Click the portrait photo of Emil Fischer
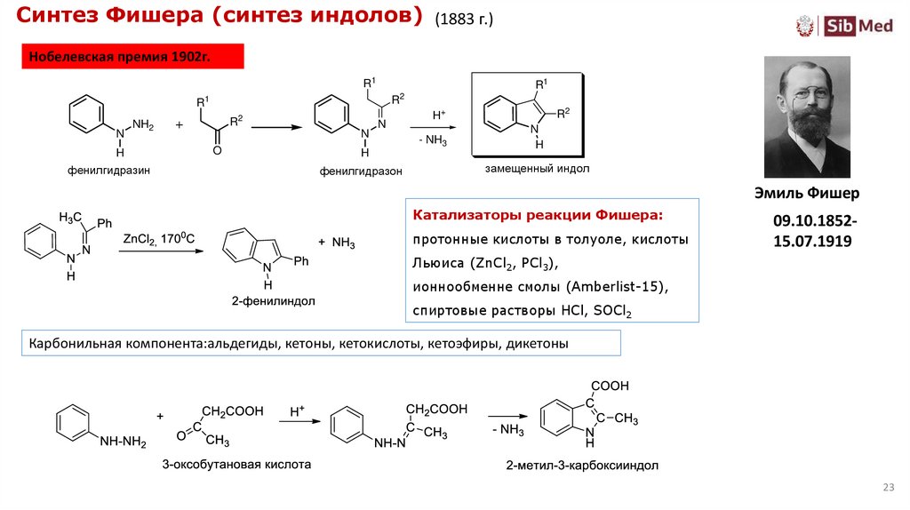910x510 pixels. click(x=807, y=116)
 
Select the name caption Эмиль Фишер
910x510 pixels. click(x=807, y=194)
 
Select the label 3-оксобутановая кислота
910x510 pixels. click(x=236, y=464)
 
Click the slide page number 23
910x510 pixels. click(x=888, y=488)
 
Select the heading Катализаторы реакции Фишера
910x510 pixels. click(x=537, y=216)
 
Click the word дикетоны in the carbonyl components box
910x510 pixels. click(x=537, y=343)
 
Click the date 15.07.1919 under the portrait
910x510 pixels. click(x=812, y=240)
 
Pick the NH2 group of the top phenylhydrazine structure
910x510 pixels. click(x=142, y=125)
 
